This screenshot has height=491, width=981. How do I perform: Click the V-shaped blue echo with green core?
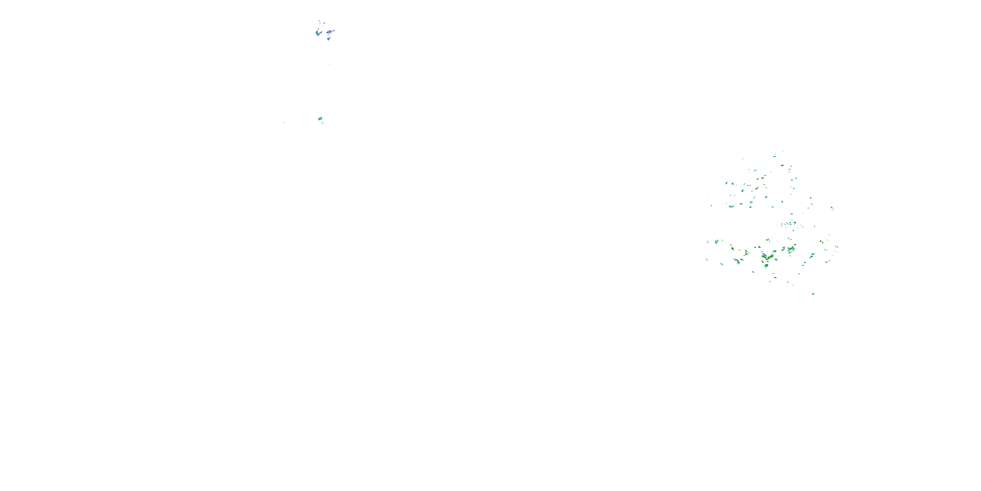coord(317,33)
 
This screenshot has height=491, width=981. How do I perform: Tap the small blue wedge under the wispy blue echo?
coord(328,39)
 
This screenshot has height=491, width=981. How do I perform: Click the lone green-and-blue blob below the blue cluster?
coord(320,118)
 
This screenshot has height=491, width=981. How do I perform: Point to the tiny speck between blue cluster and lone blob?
coord(330,64)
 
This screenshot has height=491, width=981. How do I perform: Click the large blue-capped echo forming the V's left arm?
coord(764,255)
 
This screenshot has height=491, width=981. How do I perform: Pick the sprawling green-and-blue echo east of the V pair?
coord(791,249)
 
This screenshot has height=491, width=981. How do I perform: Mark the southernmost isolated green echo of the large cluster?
coord(813,294)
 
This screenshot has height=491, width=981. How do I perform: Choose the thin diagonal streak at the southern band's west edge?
coord(707,260)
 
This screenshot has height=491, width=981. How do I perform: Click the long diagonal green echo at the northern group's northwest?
coord(726,183)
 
